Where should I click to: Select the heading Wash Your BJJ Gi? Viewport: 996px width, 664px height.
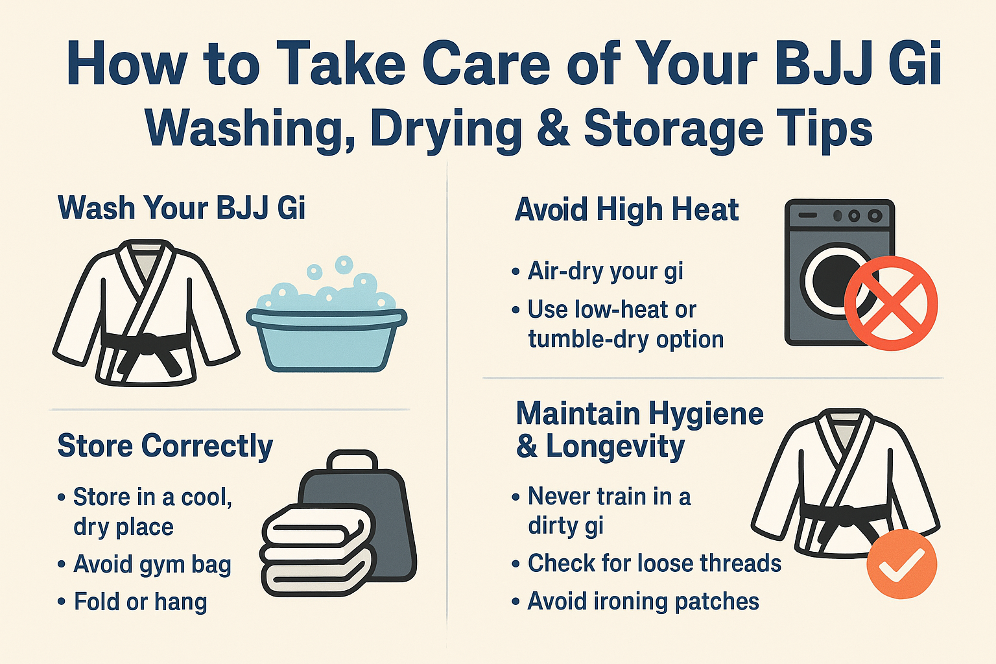pyautogui.click(x=182, y=208)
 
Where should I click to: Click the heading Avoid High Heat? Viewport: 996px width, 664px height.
pyautogui.click(x=626, y=209)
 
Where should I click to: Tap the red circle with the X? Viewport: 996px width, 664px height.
pyautogui.click(x=891, y=303)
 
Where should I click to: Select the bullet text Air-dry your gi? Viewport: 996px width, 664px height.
pyautogui.click(x=605, y=270)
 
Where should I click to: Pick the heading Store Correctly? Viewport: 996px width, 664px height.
pyautogui.click(x=165, y=446)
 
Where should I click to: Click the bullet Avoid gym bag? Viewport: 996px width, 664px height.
pyautogui.click(x=152, y=564)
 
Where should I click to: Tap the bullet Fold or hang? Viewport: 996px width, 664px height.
pyautogui.click(x=141, y=602)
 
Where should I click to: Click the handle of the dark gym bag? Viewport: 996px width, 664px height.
pyautogui.click(x=351, y=462)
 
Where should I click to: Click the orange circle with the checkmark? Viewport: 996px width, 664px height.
pyautogui.click(x=901, y=563)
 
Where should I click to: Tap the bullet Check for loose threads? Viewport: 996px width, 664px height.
pyautogui.click(x=654, y=563)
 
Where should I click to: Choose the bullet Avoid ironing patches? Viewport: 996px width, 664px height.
pyautogui.click(x=643, y=601)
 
